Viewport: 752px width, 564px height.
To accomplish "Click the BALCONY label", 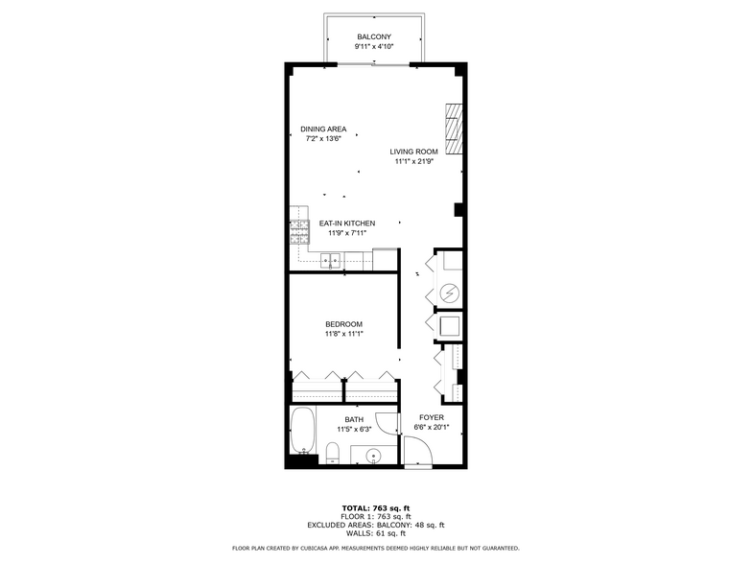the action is click(374, 36).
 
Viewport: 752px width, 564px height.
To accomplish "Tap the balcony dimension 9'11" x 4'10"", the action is click(374, 46).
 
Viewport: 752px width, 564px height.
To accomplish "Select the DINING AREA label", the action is click(323, 129).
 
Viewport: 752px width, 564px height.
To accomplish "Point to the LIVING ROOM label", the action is click(413, 152).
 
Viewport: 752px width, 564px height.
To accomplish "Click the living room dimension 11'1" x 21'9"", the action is click(414, 161).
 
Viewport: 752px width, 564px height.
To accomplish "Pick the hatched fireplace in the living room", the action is click(454, 129).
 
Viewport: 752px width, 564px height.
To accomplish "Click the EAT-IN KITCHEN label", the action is click(347, 223).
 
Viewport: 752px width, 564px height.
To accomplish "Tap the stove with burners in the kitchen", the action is click(299, 232).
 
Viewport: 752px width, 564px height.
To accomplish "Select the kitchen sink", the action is click(330, 261).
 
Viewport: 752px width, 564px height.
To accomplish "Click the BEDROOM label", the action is click(343, 324).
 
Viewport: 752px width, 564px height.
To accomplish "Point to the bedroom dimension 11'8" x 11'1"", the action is click(343, 334).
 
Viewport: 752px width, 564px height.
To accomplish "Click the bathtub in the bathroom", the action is click(303, 431).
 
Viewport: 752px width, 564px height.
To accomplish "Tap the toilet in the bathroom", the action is click(332, 453).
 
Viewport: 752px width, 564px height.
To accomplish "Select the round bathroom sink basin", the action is click(373, 455).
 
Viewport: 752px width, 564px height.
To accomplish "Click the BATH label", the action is click(354, 420).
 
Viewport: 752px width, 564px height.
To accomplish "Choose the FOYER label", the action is click(432, 418).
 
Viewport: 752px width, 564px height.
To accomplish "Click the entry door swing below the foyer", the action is click(418, 451).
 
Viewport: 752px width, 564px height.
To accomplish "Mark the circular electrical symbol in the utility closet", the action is click(450, 293).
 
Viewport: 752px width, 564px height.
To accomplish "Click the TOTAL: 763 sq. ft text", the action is click(376, 508).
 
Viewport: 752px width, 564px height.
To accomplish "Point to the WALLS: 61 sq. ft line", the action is click(376, 533).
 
